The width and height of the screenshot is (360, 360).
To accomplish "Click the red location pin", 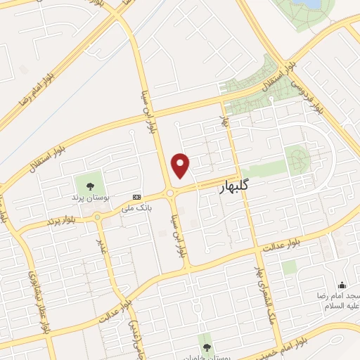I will click(181, 165).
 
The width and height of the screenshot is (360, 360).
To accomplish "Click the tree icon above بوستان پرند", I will click(89, 186).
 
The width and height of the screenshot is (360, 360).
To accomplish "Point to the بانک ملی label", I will click(136, 208).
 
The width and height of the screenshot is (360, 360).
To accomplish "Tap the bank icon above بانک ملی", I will click(136, 198).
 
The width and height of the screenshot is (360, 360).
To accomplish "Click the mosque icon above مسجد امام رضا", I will click(342, 285).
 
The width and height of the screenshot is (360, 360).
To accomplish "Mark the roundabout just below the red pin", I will click(171, 193).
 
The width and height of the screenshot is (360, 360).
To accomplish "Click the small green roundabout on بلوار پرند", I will click(97, 218).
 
